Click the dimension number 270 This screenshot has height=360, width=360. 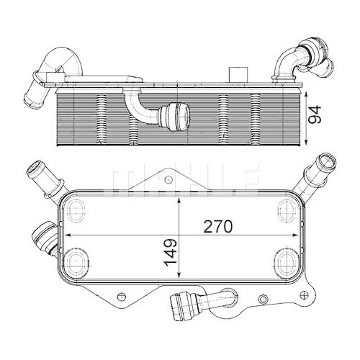point(218,226)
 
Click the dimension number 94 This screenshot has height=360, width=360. point(315,114)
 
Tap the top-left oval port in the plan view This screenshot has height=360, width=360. point(76,212)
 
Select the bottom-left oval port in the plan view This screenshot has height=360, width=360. point(77,262)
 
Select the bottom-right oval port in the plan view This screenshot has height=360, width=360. point(287,262)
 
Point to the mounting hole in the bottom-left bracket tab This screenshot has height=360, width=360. point(121,296)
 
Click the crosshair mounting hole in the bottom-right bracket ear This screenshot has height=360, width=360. point(305,294)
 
